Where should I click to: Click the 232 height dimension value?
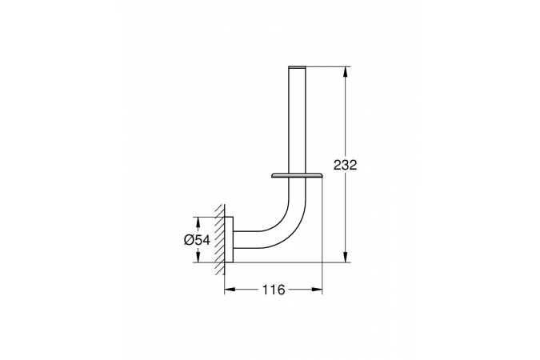pyautogui.click(x=345, y=165)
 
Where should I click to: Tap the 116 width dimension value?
pyautogui.click(x=274, y=290)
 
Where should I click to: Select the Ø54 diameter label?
pyautogui.click(x=197, y=240)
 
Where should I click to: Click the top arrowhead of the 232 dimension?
pyautogui.click(x=346, y=72)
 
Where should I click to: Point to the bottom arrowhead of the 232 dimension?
pyautogui.click(x=346, y=256)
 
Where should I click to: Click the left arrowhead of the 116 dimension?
pyautogui.click(x=230, y=290)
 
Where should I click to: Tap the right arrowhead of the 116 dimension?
pyautogui.click(x=317, y=290)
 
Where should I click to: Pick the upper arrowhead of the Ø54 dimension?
pyautogui.click(x=198, y=222)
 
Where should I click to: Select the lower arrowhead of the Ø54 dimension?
pyautogui.click(x=198, y=257)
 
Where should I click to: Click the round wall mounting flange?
pyautogui.click(x=229, y=240)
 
